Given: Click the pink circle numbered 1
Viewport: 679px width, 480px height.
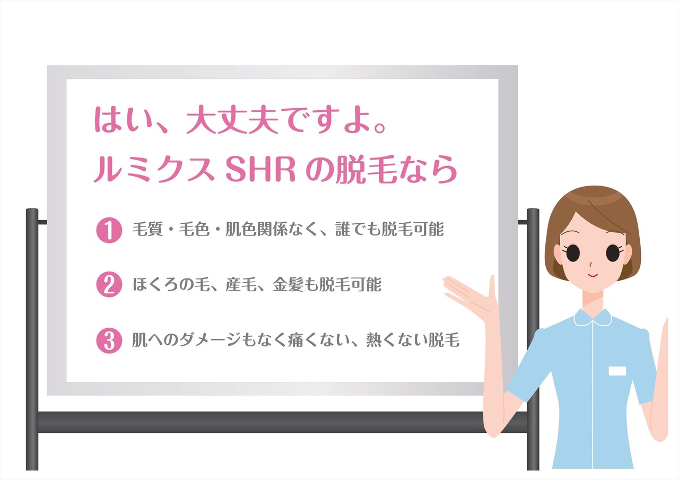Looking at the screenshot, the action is pos(109,230).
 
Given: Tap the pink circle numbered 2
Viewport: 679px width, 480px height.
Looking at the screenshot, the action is pos(109,285).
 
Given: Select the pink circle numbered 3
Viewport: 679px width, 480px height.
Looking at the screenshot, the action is pos(109,341).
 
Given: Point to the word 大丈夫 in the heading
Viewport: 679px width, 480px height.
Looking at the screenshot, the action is pos(232,120).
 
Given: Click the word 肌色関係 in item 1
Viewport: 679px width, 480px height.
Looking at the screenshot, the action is pos(256,230).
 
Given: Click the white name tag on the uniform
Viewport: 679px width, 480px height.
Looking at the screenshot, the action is pos(617,371).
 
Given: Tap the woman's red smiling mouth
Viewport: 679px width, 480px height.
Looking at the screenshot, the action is pos(593,275).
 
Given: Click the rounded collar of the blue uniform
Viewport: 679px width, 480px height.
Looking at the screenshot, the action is pos(593,318).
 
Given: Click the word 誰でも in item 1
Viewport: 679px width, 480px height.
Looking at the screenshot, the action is pos(359,230).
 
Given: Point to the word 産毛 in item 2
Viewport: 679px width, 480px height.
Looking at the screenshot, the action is pos(241,285).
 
